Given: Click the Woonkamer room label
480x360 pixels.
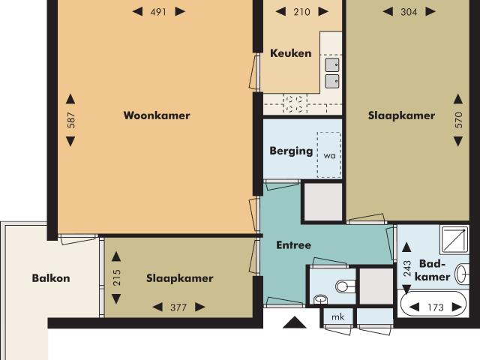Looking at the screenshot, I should click(x=157, y=115).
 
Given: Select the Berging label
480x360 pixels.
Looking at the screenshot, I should click(x=291, y=151).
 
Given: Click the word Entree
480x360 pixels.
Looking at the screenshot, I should click(x=293, y=245).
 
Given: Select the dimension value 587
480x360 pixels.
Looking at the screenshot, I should click(x=71, y=121).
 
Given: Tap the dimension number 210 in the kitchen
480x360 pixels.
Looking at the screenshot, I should click(x=301, y=11).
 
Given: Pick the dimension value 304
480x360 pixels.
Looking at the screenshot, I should click(x=408, y=11).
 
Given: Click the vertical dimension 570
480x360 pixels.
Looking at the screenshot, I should click(x=459, y=121).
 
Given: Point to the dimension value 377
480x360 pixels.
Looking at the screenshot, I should click(x=178, y=307).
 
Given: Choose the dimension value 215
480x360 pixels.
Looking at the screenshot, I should click(x=115, y=277).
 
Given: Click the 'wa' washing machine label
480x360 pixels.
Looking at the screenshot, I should click(x=328, y=156).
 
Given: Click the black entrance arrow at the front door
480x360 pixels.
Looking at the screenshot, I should click(x=295, y=323).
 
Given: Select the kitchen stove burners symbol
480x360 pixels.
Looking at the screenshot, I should click(x=295, y=103).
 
